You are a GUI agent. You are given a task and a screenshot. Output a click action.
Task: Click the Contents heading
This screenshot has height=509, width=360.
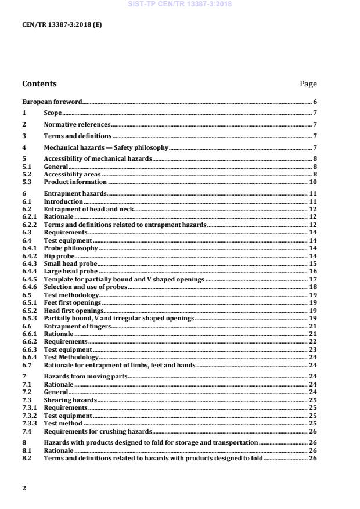[39, 84]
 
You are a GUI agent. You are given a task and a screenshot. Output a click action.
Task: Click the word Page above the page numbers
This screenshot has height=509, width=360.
[308, 84]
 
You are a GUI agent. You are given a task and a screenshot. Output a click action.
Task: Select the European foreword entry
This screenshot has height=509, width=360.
[52, 102]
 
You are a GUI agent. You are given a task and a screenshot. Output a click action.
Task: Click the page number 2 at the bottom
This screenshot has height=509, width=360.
[24, 488]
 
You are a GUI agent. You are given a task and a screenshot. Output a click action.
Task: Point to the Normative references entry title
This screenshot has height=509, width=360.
[77, 124]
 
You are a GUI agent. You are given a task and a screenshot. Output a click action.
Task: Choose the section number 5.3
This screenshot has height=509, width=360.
[27, 182]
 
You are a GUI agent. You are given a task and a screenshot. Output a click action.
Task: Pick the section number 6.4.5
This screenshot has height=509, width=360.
[29, 279]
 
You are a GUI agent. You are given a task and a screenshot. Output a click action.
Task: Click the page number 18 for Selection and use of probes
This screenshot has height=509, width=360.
[312, 287]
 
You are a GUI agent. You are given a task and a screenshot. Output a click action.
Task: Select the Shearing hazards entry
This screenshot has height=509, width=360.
[70, 400]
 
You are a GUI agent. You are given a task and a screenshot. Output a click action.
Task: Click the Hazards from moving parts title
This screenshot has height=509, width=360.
[85, 377]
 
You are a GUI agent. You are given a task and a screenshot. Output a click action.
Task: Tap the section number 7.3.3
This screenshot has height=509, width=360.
[29, 424]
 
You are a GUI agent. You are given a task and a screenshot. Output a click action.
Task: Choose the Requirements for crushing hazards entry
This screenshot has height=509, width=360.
[98, 431]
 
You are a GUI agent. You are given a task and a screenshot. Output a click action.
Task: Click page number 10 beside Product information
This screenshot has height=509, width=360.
[312, 182]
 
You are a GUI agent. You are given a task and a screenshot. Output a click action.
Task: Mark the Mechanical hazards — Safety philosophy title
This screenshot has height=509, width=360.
[106, 147]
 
